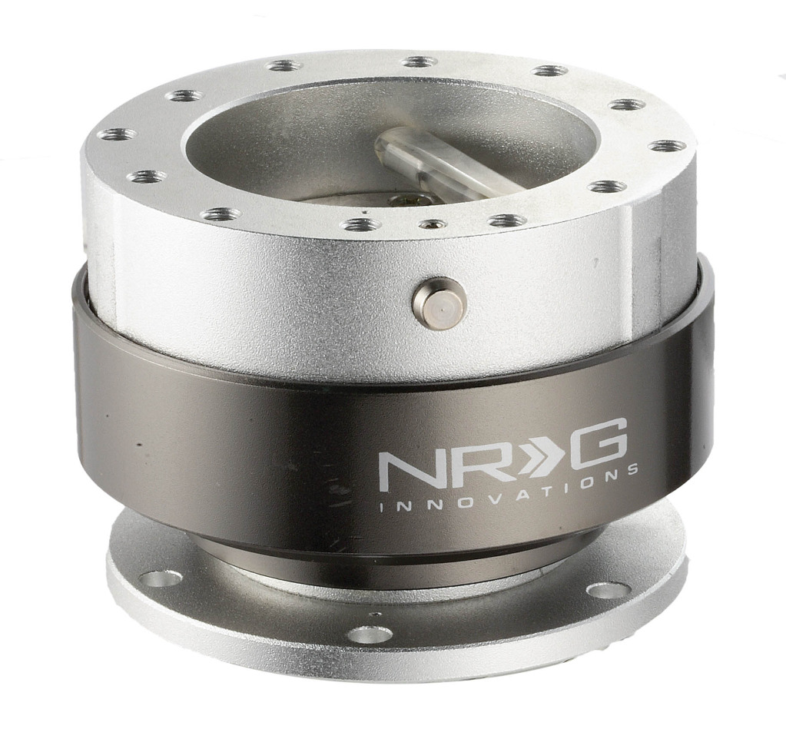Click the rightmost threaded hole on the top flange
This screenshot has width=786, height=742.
pyautogui.click(x=662, y=145)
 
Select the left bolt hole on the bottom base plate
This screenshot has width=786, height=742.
pyautogui.click(x=163, y=578)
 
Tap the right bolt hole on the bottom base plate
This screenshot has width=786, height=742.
pyautogui.click(x=609, y=590)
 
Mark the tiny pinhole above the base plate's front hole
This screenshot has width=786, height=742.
pyautogui.click(x=374, y=614)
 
